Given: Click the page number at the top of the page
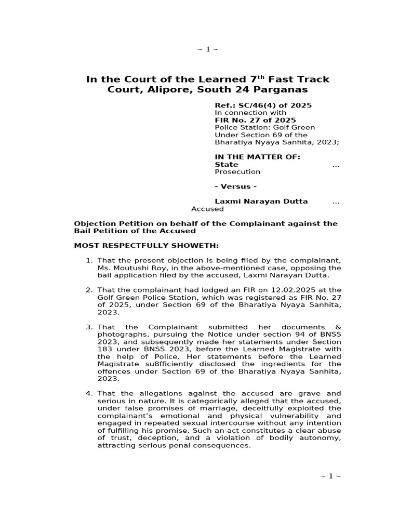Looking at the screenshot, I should (207, 49).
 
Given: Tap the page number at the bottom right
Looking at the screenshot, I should (331, 476).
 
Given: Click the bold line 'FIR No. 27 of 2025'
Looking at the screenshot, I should (255, 120).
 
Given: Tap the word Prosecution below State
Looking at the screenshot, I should (237, 171).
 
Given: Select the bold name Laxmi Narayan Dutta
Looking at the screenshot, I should (261, 201).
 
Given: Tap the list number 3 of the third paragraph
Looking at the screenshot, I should (88, 327).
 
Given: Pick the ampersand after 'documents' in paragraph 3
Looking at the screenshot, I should (338, 327).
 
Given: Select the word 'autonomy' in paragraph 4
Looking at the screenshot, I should (324, 438).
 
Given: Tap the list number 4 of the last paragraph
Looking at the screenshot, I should (88, 393).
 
